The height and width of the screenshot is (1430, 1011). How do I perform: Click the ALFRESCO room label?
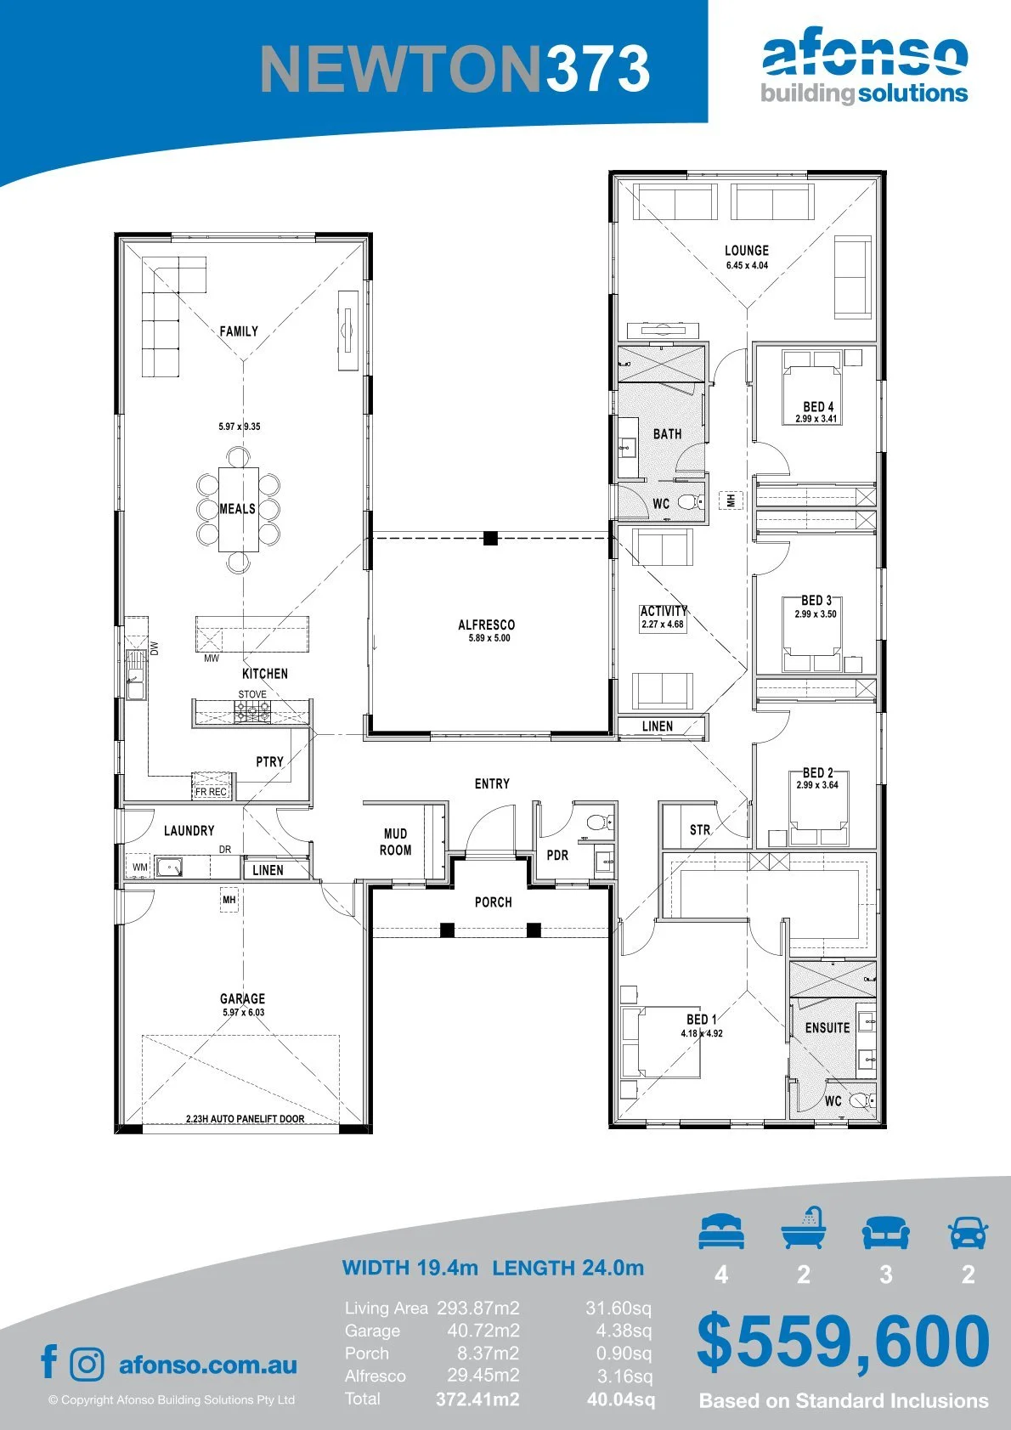(486, 625)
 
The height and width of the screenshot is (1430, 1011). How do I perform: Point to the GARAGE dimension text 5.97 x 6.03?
(243, 1012)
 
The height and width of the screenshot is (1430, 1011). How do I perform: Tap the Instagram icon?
(86, 1364)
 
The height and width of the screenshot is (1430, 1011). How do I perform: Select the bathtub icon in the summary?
(804, 1228)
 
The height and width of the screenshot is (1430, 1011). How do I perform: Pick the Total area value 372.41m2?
(477, 1399)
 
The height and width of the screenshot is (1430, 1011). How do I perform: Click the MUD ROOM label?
(395, 841)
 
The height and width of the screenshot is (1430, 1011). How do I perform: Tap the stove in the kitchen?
(253, 711)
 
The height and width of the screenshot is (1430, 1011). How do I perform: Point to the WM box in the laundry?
(140, 867)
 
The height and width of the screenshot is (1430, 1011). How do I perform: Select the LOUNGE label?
(747, 251)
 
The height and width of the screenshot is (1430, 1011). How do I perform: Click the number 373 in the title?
(597, 69)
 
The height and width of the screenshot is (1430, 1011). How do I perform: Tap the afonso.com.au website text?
(208, 1365)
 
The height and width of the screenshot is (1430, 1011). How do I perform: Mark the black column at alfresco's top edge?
(490, 538)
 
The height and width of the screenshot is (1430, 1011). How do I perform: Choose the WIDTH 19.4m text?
(409, 1268)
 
